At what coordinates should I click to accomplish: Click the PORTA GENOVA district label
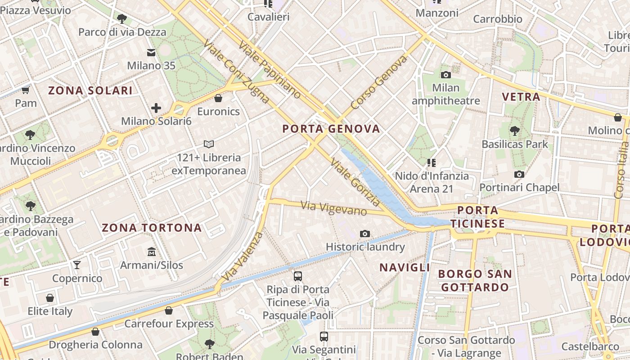(x=331, y=129)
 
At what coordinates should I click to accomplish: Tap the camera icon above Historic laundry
(x=365, y=234)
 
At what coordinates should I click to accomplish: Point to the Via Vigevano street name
(x=333, y=208)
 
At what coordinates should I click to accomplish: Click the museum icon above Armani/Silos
(x=152, y=252)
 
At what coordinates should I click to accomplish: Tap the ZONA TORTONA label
(x=152, y=228)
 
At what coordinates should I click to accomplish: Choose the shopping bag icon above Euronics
(x=218, y=98)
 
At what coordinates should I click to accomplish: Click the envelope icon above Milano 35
(x=151, y=53)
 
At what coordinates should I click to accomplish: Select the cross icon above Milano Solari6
(x=156, y=108)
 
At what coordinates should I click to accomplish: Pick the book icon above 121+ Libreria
(x=208, y=144)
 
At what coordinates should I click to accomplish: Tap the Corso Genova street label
(x=379, y=82)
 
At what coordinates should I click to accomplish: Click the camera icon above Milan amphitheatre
(x=446, y=75)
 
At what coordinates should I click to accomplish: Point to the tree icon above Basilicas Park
(x=515, y=131)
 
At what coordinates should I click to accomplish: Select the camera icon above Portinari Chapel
(x=519, y=174)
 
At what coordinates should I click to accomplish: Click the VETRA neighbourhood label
(x=521, y=97)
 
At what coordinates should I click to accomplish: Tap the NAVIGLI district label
(x=405, y=268)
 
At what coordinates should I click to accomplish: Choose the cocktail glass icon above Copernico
(x=77, y=265)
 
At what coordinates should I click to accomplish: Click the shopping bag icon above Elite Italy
(x=50, y=298)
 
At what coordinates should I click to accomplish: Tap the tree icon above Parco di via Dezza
(x=121, y=18)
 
